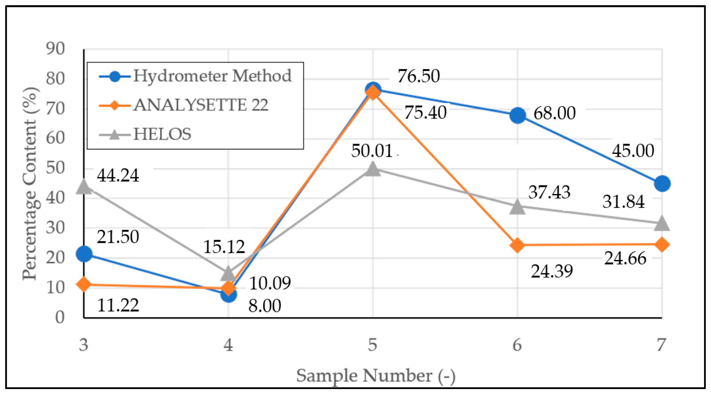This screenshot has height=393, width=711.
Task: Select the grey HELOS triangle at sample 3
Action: point(84,187)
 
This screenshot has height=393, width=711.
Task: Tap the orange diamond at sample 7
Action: point(662,245)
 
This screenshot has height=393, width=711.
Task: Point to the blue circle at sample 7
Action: point(662,184)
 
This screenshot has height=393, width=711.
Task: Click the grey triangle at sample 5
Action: point(373,169)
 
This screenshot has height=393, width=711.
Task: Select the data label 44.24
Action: point(118,175)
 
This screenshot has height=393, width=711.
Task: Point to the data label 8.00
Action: point(264,306)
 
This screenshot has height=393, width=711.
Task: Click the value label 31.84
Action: point(623,201)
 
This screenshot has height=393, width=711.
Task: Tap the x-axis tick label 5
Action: point(373,345)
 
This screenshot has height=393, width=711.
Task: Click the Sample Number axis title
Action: point(376,376)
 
